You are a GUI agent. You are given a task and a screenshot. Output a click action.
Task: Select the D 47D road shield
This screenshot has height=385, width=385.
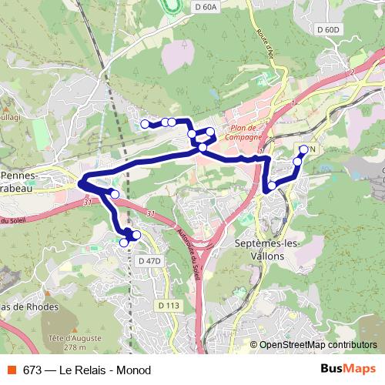click(150, 261)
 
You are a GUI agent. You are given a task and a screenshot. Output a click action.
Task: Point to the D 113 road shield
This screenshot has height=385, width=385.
click(169, 306)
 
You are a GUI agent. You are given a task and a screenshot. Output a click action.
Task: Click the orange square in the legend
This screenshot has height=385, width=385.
click(11, 370)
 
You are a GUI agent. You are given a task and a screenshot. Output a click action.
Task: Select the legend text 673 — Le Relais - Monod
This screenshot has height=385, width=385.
click(87, 370)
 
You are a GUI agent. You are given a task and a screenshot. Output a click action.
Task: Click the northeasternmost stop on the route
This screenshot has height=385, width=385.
click(303, 149)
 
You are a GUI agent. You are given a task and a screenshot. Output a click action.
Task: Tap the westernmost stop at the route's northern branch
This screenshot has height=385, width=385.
click(145, 124)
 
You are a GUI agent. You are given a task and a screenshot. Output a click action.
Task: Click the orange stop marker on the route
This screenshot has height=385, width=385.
click(137, 235)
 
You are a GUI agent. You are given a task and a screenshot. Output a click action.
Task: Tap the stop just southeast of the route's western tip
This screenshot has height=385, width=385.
click(115, 194)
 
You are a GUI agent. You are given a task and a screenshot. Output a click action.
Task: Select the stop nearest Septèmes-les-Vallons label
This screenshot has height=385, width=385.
click(271, 186)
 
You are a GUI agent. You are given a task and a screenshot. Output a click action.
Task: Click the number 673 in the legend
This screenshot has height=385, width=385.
click(32, 370)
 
